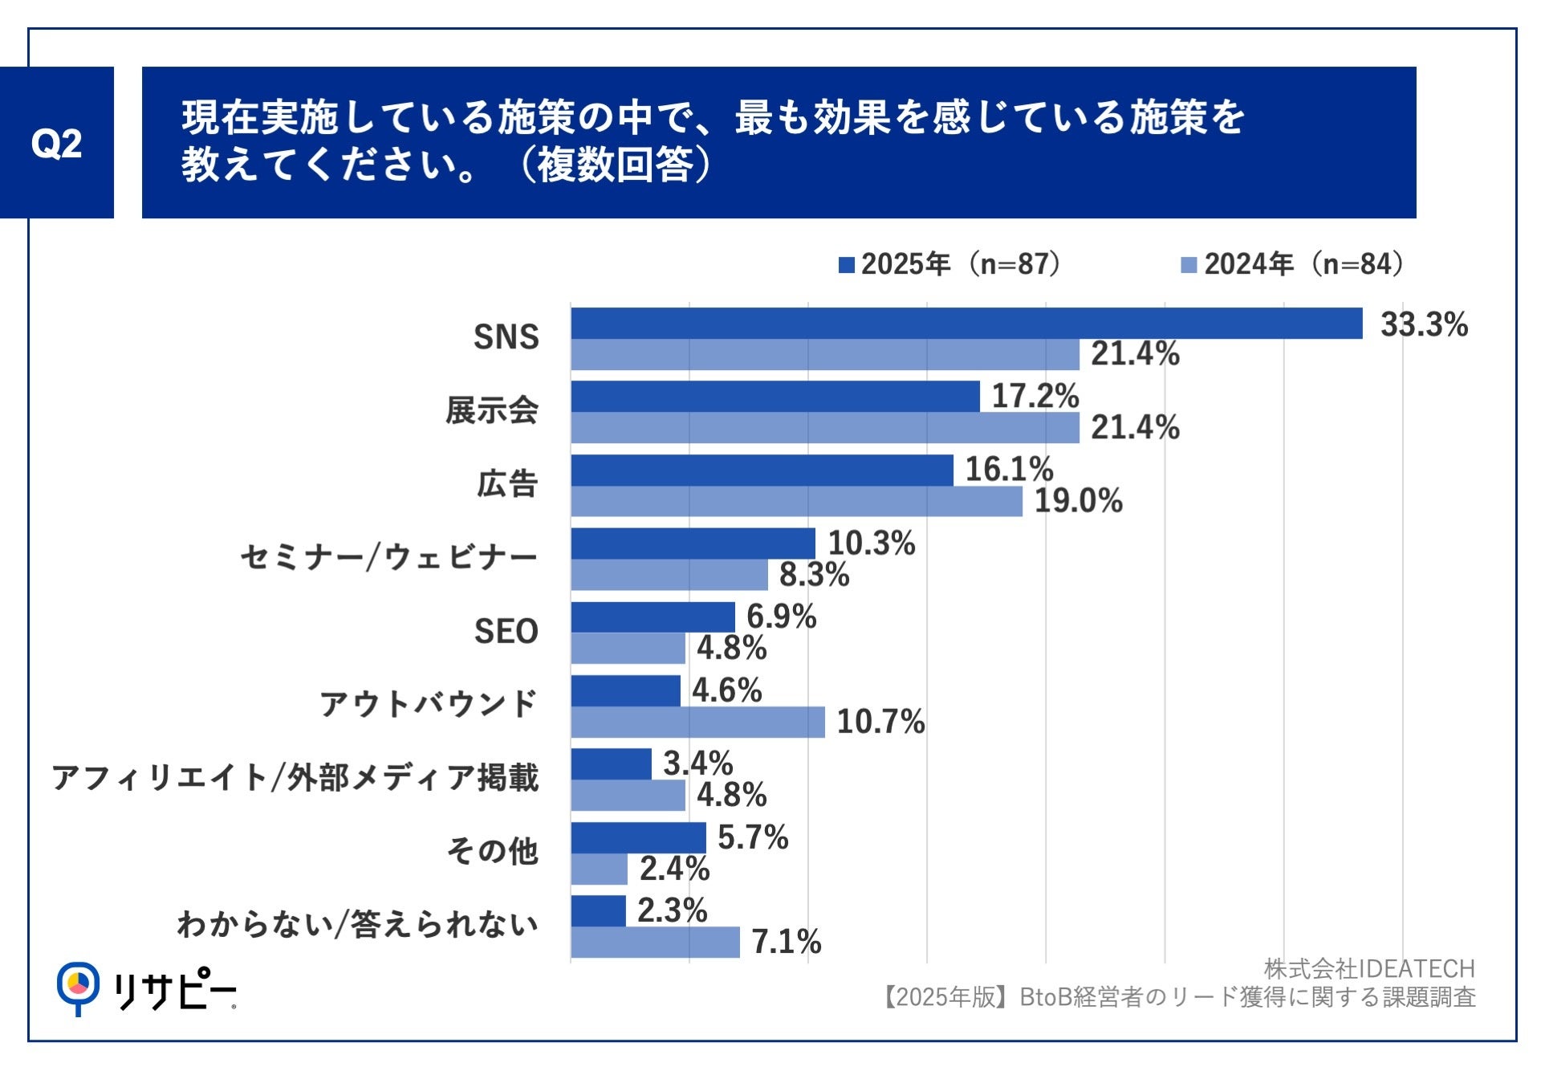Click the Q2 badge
[x=56, y=143]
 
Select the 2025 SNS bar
[x=966, y=324]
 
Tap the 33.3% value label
[x=1424, y=325]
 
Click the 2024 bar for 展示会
[x=825, y=428]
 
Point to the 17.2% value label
[x=1035, y=397]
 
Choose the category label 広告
[x=506, y=484]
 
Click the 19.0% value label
[x=1078, y=501]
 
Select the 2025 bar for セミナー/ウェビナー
[x=693, y=544]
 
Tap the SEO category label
[x=506, y=632]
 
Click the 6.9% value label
[x=781, y=617]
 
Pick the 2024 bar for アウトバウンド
[x=697, y=722]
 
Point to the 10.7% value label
[x=880, y=722]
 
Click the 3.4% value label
[x=697, y=764]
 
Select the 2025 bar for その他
[x=638, y=837]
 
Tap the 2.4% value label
[x=674, y=869]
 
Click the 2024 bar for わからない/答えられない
[x=655, y=943]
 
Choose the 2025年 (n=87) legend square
[x=846, y=265]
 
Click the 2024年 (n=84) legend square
[x=1189, y=265]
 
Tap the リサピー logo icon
[x=78, y=987]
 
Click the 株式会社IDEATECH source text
[x=1369, y=969]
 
